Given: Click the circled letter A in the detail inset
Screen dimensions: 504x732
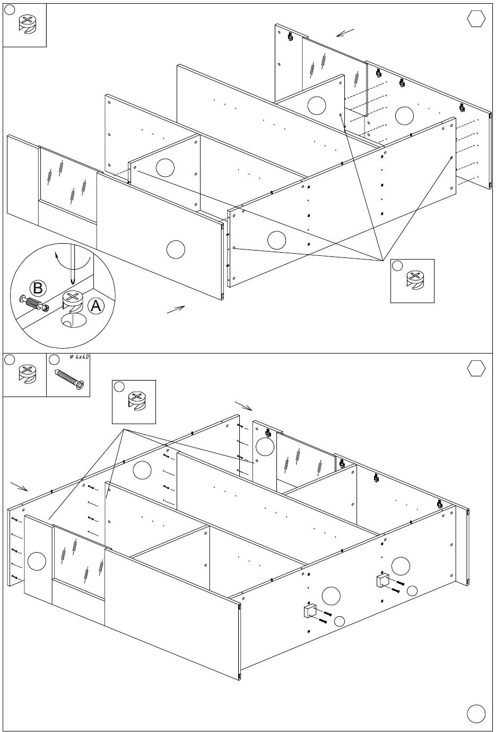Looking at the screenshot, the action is click(x=95, y=306).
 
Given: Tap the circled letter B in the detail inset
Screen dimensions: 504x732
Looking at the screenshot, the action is click(x=38, y=288).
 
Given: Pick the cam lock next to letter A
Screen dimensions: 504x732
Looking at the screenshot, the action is click(x=73, y=303).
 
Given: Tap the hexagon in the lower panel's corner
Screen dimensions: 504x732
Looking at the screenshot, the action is click(x=476, y=368).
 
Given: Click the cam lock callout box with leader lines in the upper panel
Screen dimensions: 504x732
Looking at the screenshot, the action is click(x=412, y=281).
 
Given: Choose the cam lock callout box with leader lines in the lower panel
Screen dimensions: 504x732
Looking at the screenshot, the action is click(x=134, y=402).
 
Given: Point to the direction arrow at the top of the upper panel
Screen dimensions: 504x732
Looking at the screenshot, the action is click(x=345, y=33).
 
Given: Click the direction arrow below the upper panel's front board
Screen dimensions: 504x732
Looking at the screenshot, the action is click(x=176, y=309).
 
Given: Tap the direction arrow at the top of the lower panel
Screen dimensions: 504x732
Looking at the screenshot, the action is click(x=244, y=406).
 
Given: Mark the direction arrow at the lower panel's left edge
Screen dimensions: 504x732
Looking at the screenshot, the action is click(x=19, y=486).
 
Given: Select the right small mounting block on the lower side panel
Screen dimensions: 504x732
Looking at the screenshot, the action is click(x=382, y=581).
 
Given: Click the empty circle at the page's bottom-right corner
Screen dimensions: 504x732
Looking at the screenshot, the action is click(x=476, y=713).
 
